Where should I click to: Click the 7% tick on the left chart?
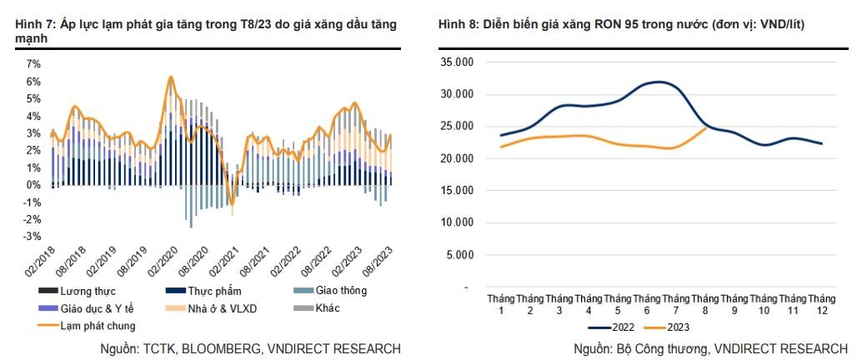(33, 63)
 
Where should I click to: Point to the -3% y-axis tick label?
(32, 236)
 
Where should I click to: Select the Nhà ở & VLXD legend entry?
(212, 308)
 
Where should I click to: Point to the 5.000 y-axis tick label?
(459, 255)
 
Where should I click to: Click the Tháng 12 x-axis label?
(821, 304)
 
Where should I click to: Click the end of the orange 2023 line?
(706, 127)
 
